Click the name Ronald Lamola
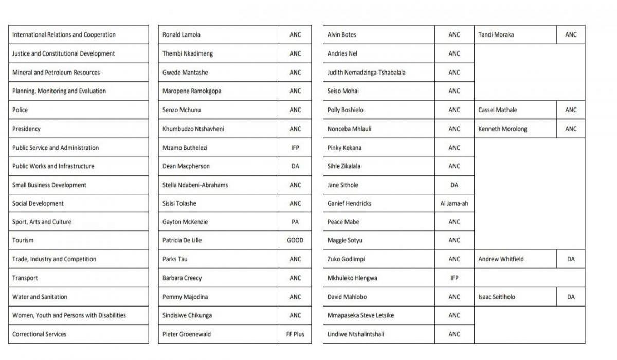(x=182, y=35)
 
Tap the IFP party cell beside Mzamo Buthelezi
(x=295, y=148)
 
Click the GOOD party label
(x=295, y=240)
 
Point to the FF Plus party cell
(x=295, y=334)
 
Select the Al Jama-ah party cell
(x=454, y=203)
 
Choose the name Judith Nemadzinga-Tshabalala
(x=366, y=73)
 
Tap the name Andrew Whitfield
(x=501, y=259)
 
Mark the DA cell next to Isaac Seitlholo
(x=571, y=297)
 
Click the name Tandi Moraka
(x=496, y=35)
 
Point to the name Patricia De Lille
(x=182, y=240)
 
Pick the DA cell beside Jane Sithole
(x=454, y=185)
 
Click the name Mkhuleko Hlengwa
(x=352, y=278)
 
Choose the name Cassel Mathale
(x=498, y=110)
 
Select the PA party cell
(x=295, y=222)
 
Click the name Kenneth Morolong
(x=502, y=129)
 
